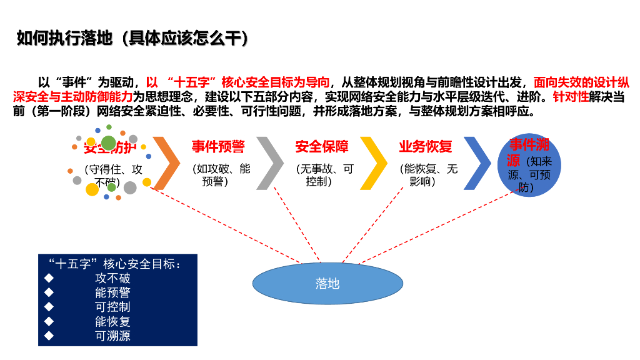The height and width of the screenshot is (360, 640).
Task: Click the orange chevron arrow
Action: pyautogui.click(x=166, y=163)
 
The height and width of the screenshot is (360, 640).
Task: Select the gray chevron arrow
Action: pyautogui.click(x=270, y=163)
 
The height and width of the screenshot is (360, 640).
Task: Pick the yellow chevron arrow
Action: pyautogui.click(x=374, y=163)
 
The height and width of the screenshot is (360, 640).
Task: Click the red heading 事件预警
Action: pyautogui.click(x=218, y=147)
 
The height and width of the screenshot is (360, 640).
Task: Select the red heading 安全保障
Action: pyautogui.click(x=322, y=147)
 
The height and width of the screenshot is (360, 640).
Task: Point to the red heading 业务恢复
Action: pyautogui.click(x=426, y=147)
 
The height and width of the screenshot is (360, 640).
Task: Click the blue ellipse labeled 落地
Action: pyautogui.click(x=327, y=283)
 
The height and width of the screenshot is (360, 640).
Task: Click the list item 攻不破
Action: pyautogui.click(x=112, y=278)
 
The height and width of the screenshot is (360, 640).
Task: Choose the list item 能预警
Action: pyautogui.click(x=112, y=292)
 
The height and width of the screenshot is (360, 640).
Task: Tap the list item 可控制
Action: pyautogui.click(x=112, y=307)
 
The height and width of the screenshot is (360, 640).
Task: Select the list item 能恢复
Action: pyautogui.click(x=112, y=322)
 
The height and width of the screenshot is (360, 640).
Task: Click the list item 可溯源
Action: pyautogui.click(x=112, y=336)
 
